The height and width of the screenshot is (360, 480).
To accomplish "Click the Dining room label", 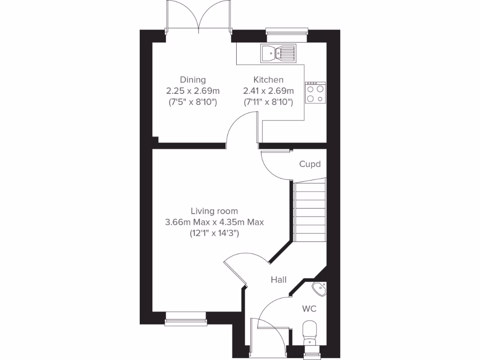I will tap(193, 80).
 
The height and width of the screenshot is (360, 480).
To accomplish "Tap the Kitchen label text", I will tap(268, 80).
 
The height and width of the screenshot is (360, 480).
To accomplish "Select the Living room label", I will tap(214, 211).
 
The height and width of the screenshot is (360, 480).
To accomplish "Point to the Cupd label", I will tap(310, 164).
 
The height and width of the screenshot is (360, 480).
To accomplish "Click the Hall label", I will tap(279, 280).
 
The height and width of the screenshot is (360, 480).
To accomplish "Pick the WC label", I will tap(309, 309).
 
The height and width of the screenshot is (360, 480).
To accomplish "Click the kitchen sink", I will tap(278, 53).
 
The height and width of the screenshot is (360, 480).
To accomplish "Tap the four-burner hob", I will tap(315, 92).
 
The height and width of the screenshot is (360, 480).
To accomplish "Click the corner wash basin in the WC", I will tap(320, 289).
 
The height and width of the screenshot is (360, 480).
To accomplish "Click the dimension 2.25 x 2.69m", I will tap(193, 90).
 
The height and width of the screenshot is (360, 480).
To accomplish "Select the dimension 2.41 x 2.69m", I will tap(268, 90).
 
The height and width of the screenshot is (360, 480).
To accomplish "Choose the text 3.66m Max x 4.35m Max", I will tap(214, 222).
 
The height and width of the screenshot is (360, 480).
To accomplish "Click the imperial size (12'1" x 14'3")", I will tap(214, 233).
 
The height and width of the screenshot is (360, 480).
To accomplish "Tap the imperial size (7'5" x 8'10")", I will tap(193, 102).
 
